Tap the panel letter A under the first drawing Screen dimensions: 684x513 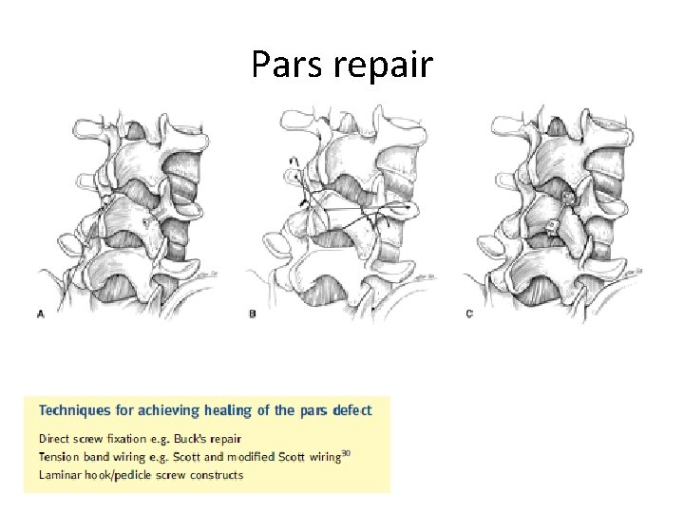click(40, 313)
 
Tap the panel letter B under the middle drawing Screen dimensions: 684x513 click(252, 313)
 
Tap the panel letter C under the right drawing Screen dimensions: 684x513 click(469, 313)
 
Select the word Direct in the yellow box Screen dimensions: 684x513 click(55, 439)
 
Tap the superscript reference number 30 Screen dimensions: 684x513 click(346, 453)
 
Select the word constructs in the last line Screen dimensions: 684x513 click(214, 475)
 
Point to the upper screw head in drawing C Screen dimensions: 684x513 click(569, 199)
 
